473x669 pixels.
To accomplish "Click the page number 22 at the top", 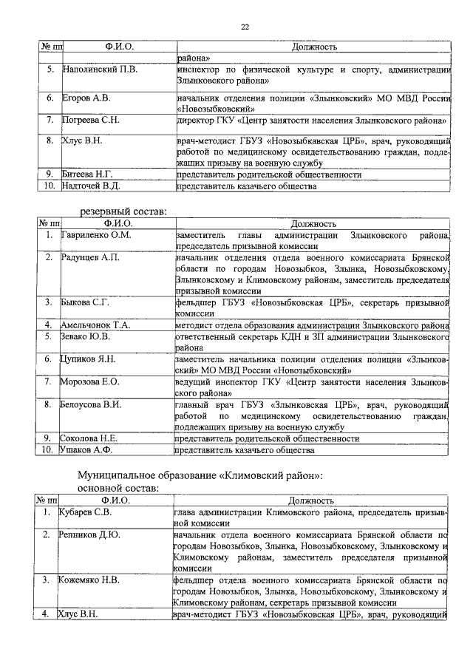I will tap(244, 27).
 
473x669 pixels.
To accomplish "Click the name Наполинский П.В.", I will tap(100, 69).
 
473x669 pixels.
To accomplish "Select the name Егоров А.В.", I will tap(87, 98).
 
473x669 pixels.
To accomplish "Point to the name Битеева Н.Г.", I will tap(89, 175).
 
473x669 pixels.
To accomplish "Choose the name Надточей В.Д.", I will tap(92, 187).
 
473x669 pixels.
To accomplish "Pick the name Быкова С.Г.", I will tap(86, 302).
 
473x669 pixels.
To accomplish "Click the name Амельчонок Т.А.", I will tap(95, 325).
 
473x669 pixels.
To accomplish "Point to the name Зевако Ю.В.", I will tap(84, 336).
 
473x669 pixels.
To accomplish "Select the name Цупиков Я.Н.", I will tap(87, 359).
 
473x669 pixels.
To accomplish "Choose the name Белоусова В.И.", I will tap(91, 404).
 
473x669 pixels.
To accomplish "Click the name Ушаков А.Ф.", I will tap(85, 449).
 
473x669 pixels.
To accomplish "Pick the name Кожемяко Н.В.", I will tap(89, 579).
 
